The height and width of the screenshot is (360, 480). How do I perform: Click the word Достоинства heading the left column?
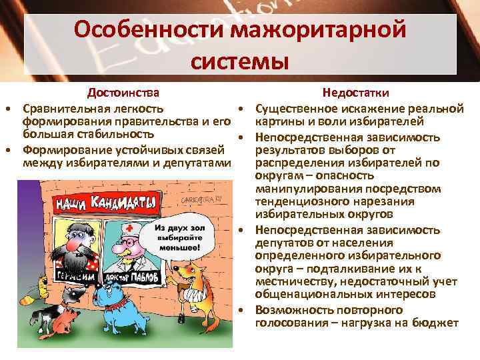pos(126,92)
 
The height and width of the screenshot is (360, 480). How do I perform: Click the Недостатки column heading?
pos(356,92)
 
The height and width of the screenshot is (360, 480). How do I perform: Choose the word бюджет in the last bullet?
pos(437,323)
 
